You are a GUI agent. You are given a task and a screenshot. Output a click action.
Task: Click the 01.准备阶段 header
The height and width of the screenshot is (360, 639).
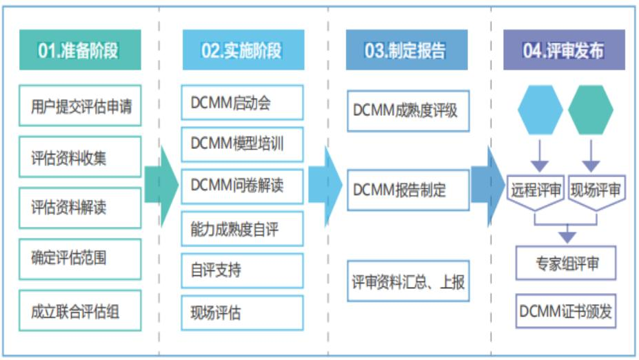pyautogui.click(x=79, y=50)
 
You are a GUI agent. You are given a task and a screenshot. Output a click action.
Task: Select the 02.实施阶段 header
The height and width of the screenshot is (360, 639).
pyautogui.click(x=242, y=50)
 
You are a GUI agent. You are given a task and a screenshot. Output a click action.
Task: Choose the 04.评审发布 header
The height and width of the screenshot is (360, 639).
pyautogui.click(x=564, y=50)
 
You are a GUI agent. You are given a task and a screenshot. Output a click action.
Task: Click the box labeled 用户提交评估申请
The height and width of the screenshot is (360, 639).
pyautogui.click(x=80, y=107)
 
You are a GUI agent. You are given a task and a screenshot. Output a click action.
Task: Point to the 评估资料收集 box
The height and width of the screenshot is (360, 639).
pyautogui.click(x=80, y=157)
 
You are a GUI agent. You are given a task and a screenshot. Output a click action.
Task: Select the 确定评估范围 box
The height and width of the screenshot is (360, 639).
pyautogui.click(x=80, y=259)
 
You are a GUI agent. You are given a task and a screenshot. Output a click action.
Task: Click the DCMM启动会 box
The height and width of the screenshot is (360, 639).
pyautogui.click(x=242, y=102)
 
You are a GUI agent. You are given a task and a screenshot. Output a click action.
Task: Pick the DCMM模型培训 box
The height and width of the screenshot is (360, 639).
pyautogui.click(x=242, y=144)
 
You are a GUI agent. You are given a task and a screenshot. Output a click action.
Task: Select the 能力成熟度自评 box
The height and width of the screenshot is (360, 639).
pyautogui.click(x=242, y=228)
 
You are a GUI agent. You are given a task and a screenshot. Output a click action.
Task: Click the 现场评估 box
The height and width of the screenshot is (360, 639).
pyautogui.click(x=242, y=312)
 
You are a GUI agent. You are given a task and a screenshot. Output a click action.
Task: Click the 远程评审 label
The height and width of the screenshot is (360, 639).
pyautogui.click(x=536, y=189)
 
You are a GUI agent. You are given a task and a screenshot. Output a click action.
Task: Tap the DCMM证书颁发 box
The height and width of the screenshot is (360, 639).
pyautogui.click(x=566, y=311)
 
